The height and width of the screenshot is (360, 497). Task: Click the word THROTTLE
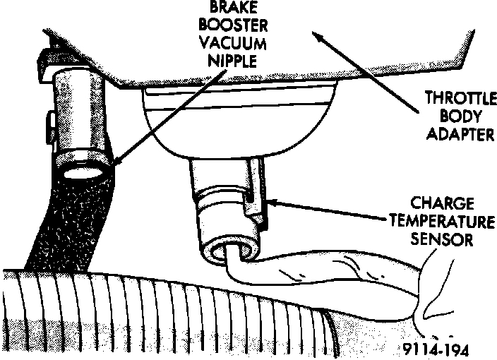pyautogui.click(x=454, y=100)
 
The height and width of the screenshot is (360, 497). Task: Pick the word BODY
pyautogui.click(x=454, y=116)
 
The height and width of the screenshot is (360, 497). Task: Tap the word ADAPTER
pyautogui.click(x=454, y=133)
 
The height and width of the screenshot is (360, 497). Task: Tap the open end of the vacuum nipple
pyautogui.click(x=83, y=170)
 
